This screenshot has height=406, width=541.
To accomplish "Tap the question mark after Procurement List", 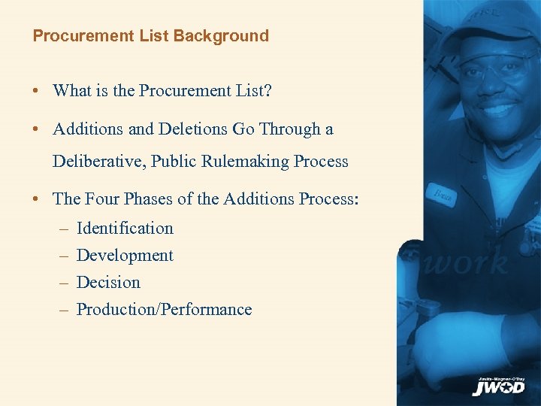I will coord(268,90).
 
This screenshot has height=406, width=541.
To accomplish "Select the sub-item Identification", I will coord(125,228).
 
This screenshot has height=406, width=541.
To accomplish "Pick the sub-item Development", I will coord(125,255).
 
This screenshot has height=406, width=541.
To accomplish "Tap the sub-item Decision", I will coord(108,282).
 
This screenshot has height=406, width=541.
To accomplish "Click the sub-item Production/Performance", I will coord(164,309).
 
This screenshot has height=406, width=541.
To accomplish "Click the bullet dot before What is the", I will coord(36,91).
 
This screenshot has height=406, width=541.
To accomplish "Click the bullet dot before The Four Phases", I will coord(36,199).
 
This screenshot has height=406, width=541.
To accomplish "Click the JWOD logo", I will coord(498,386).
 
